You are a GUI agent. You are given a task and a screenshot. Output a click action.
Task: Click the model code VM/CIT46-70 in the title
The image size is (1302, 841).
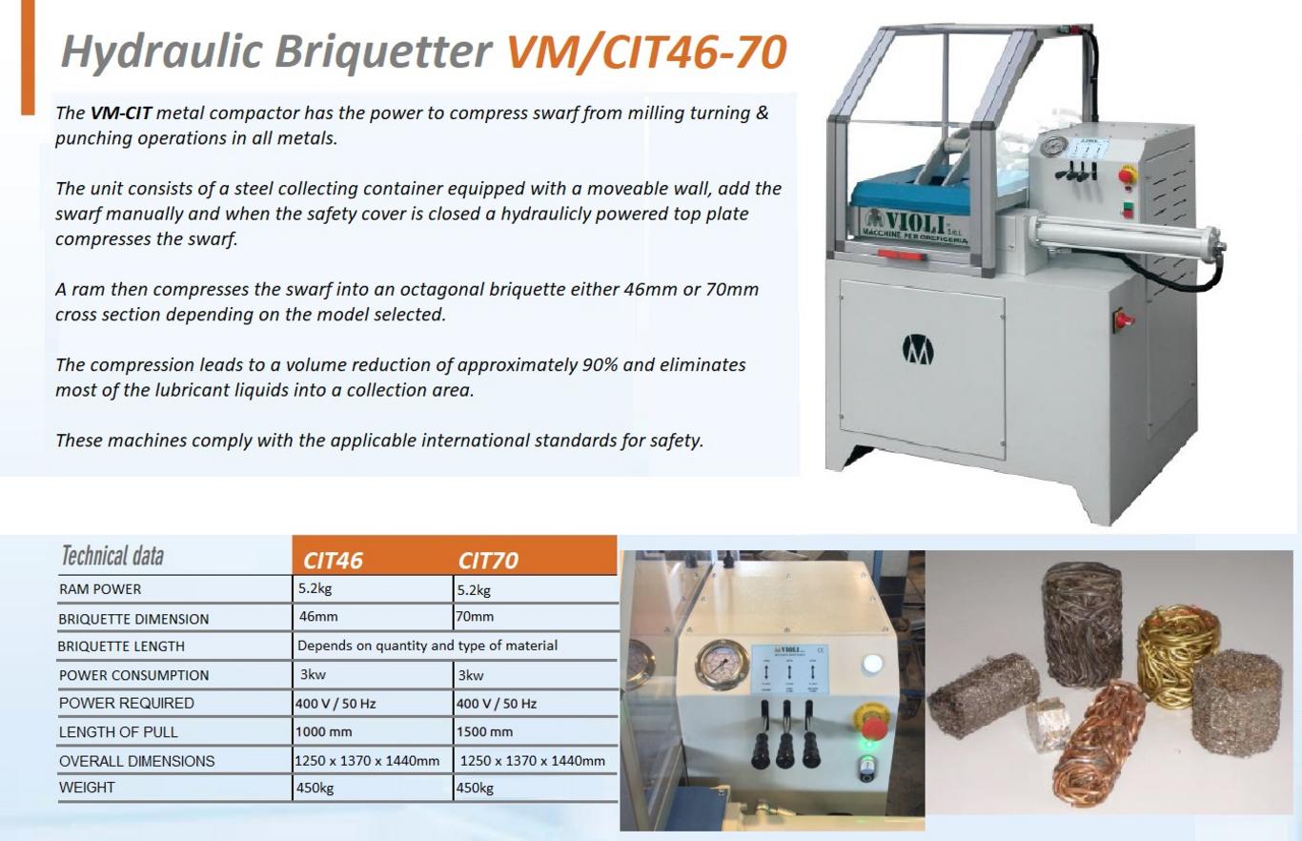[647, 52]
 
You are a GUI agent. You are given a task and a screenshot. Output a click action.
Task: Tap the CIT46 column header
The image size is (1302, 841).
[333, 561]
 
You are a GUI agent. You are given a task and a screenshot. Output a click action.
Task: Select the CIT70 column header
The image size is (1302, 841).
[488, 561]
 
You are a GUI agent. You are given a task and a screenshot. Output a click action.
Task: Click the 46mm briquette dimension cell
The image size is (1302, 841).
[318, 617]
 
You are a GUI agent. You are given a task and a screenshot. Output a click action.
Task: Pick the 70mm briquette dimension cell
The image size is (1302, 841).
[475, 617]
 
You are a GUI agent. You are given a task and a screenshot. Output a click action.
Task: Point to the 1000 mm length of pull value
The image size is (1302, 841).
[324, 731]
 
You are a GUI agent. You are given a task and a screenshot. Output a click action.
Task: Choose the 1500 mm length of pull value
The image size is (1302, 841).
[484, 731]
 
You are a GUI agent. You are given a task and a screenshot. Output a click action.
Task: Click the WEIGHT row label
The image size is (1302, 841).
[87, 788]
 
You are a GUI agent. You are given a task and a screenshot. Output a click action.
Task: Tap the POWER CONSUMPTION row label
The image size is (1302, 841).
[133, 675]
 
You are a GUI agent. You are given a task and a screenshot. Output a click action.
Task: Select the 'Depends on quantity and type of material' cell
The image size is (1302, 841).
[427, 646]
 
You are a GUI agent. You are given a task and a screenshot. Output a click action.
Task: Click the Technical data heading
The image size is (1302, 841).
[112, 556]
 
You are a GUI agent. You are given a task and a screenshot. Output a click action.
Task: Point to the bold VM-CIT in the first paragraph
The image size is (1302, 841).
[121, 113]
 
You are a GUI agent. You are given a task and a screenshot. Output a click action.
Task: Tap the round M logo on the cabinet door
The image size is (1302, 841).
[918, 350]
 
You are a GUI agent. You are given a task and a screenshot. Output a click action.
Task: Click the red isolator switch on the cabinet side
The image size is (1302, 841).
[1123, 319]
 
